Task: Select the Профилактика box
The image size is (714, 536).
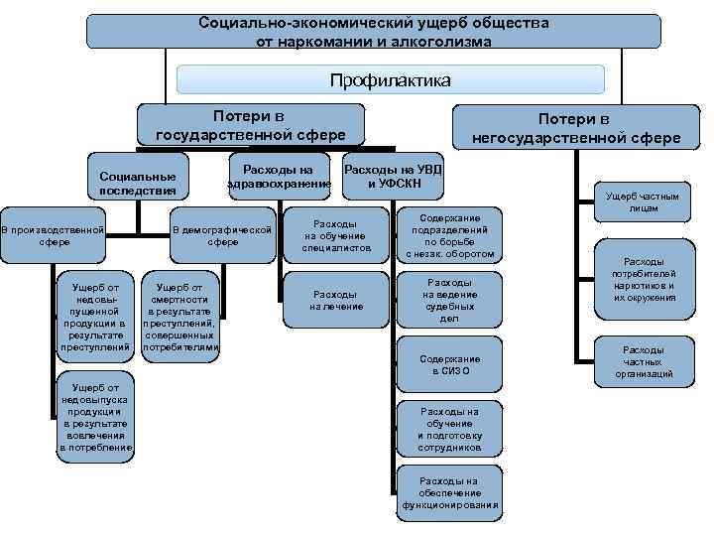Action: click(390, 79)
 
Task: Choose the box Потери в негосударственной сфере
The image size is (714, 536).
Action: click(575, 128)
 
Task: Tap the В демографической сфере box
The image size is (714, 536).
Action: click(222, 236)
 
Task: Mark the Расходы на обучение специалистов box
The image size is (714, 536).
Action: click(336, 236)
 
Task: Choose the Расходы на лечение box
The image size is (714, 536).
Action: click(336, 300)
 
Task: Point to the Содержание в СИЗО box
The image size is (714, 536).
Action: click(449, 364)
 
